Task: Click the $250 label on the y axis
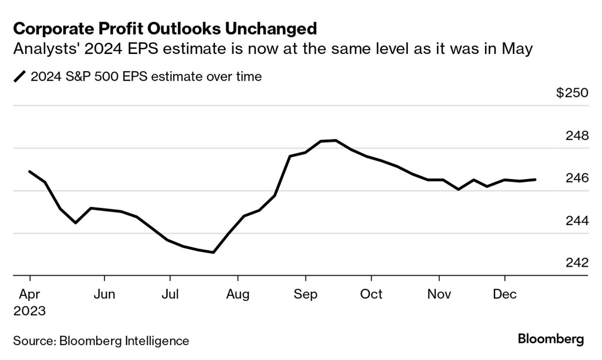[572, 93]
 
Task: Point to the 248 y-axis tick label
[576, 135]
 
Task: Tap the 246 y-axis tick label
[576, 178]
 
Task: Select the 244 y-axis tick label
[576, 220]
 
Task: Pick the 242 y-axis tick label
[576, 262]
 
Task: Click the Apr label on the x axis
[30, 294]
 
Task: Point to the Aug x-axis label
[238, 294]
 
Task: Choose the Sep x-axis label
[305, 294]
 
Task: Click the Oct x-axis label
[371, 294]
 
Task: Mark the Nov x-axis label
[439, 294]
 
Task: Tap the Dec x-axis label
[505, 294]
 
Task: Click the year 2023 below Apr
[30, 311]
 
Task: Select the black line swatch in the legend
[20, 76]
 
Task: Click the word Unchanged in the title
[270, 29]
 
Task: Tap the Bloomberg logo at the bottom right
[550, 339]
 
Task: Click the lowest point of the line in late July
[214, 252]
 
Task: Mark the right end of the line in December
[535, 180]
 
